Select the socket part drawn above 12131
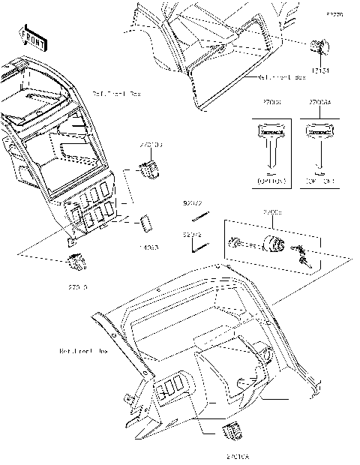319,48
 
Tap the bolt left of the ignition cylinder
234,242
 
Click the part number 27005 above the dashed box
272,213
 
